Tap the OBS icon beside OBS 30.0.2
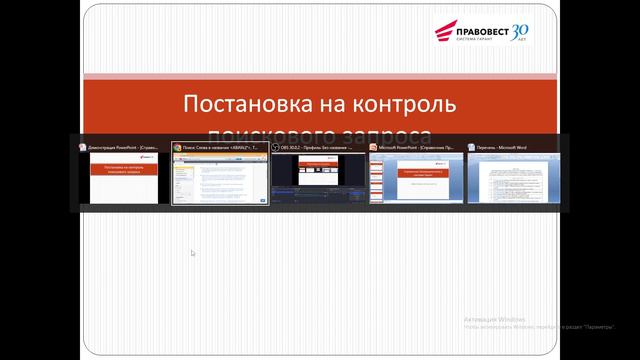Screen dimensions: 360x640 pyautogui.click(x=276, y=147)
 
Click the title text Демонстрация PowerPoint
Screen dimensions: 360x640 pyautogui.click(x=125, y=147)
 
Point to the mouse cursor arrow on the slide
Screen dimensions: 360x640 pyautogui.click(x=193, y=253)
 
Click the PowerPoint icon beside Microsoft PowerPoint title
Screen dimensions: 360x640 pyautogui.click(x=373, y=147)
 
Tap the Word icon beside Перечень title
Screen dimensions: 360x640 pyautogui.click(x=471, y=147)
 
